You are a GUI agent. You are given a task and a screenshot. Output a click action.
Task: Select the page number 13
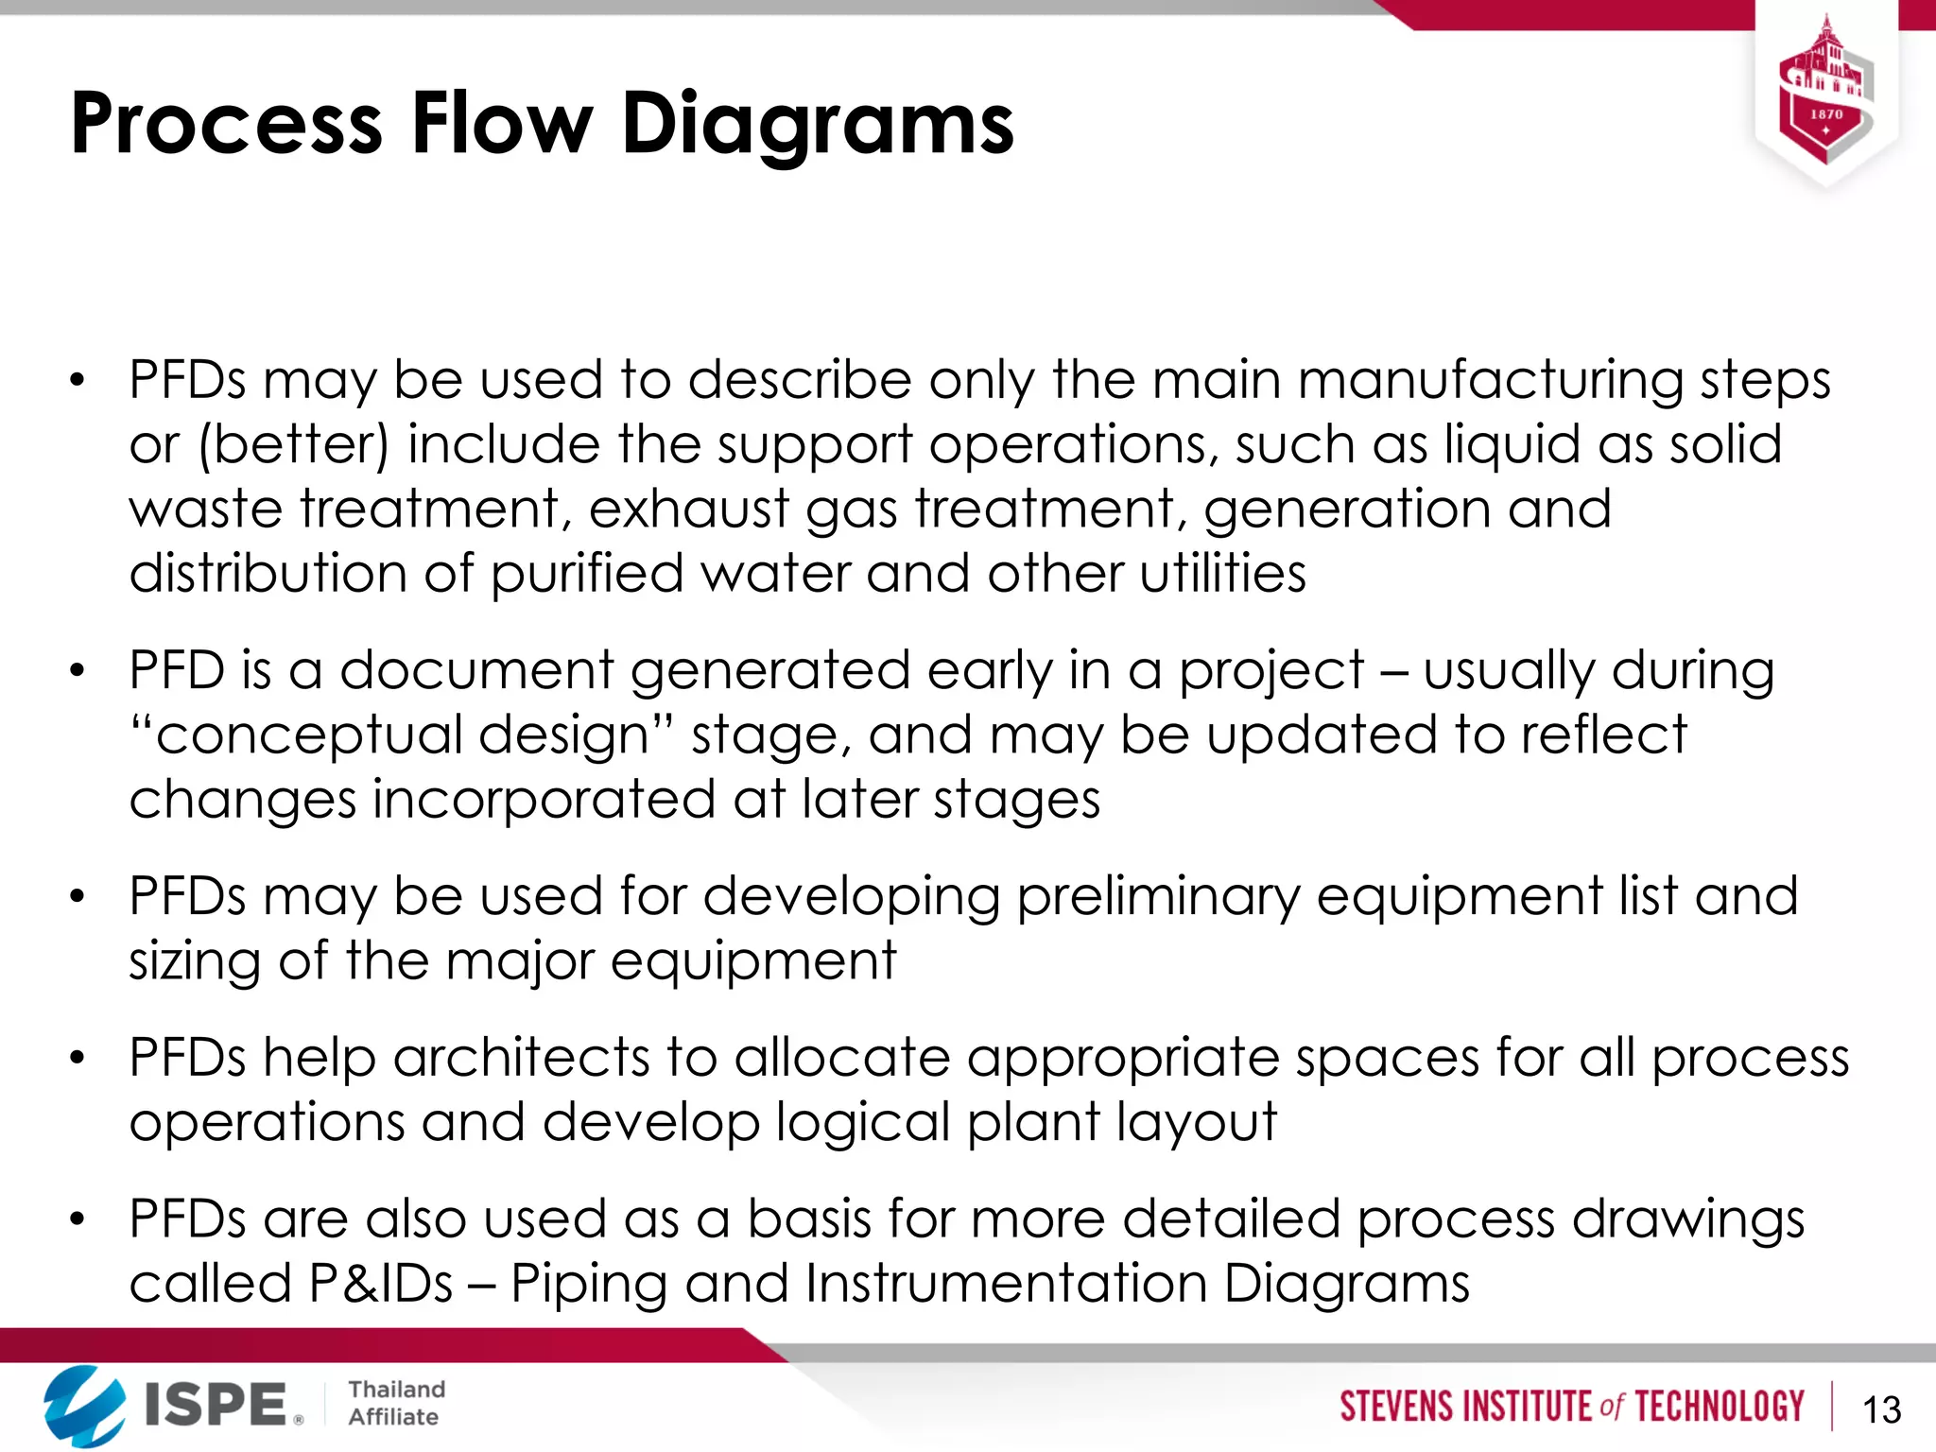(1881, 1409)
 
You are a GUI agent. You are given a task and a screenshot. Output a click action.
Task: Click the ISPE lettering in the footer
(216, 1405)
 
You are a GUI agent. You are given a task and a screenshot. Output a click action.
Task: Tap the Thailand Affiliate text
(395, 1403)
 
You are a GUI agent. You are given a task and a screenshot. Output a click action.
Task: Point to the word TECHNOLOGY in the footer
(1719, 1407)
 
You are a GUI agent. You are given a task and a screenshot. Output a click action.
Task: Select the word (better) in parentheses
(293, 445)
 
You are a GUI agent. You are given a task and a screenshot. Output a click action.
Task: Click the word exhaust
(688, 510)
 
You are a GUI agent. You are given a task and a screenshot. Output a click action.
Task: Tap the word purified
(586, 575)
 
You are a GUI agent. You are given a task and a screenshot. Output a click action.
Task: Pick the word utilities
(1222, 574)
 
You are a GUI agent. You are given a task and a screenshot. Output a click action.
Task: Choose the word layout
(1196, 1123)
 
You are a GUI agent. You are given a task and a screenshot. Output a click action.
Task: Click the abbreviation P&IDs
(381, 1284)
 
